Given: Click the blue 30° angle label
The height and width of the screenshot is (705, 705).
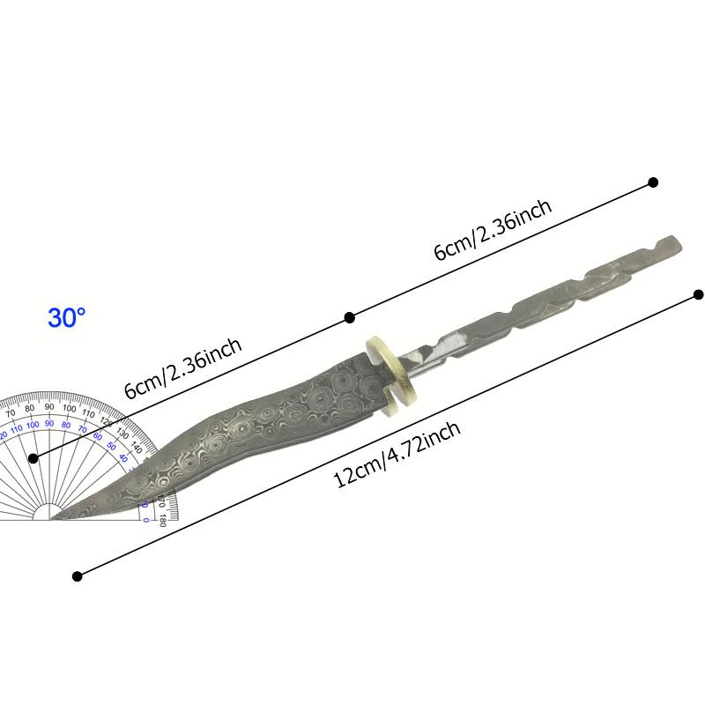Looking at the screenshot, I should point(66,318).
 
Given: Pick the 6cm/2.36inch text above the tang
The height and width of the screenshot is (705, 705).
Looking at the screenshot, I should point(493,230).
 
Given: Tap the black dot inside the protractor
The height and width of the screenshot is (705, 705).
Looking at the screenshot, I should point(33,458).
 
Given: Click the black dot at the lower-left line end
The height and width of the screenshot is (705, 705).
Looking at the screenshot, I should point(78,575).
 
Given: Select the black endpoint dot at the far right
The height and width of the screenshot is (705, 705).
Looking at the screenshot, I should point(699,294).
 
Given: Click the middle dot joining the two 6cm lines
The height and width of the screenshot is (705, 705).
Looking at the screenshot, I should point(350,317).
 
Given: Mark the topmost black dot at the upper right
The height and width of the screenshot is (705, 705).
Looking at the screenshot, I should point(653,182).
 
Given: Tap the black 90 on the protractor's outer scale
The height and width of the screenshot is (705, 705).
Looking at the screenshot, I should point(49,407).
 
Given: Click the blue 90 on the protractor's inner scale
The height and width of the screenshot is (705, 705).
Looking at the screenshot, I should point(49,423).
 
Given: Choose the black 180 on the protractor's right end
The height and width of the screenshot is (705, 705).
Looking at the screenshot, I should point(163,521).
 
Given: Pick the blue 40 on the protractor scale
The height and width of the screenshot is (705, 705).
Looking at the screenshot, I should point(123,458).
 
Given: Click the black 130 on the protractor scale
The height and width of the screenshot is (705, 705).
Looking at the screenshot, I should point(122,434).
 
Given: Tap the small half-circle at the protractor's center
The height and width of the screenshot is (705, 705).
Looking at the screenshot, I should point(49,514).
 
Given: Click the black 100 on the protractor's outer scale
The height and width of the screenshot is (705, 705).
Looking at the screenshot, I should point(70,408).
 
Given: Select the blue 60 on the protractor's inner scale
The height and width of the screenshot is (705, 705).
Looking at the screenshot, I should point(98,436).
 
